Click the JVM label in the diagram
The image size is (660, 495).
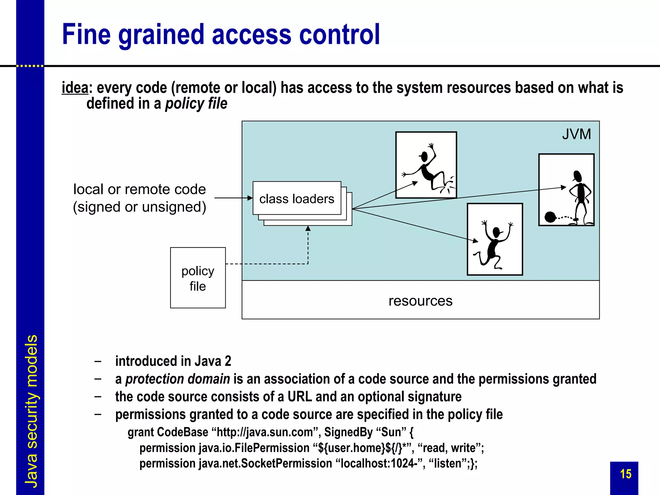pos(576,134)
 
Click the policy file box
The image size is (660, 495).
pos(198,278)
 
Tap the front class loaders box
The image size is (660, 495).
pos(297,198)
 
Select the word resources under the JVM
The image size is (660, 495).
pos(420,301)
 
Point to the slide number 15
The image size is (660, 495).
pos(626,474)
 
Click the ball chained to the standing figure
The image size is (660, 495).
pos(550,217)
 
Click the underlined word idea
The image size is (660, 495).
pos(75,88)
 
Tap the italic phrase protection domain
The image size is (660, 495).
pos(178,379)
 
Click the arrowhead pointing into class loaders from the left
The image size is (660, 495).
pos(250,198)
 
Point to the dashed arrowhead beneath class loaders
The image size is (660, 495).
pos(308,228)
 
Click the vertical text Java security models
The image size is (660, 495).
pos(31,411)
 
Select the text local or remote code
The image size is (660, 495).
pos(140,189)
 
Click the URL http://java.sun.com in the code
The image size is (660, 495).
pos(265,432)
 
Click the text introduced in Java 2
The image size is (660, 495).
pos(173,361)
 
